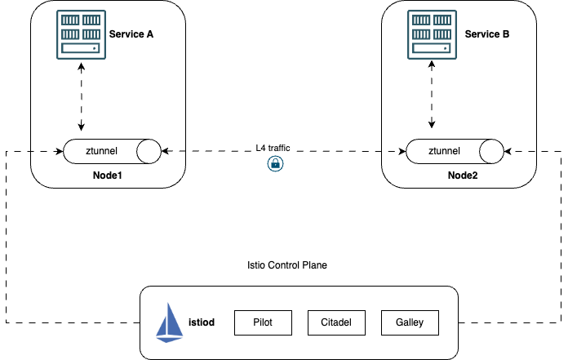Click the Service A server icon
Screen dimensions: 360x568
click(x=81, y=35)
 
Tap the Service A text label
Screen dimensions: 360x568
click(x=131, y=34)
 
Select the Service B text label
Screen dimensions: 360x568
click(x=487, y=34)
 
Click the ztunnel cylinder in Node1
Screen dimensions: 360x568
click(x=106, y=151)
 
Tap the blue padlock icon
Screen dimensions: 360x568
click(x=275, y=164)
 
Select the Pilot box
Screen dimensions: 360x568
click(x=262, y=322)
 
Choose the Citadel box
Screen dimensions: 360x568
click(x=335, y=322)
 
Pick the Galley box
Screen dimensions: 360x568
click(x=409, y=322)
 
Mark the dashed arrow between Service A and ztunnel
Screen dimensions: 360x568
click(x=81, y=98)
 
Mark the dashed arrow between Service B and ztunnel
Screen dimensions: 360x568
click(x=431, y=98)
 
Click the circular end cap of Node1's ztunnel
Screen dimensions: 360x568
click(x=149, y=151)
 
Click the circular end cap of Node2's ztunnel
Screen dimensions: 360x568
click(x=491, y=151)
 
